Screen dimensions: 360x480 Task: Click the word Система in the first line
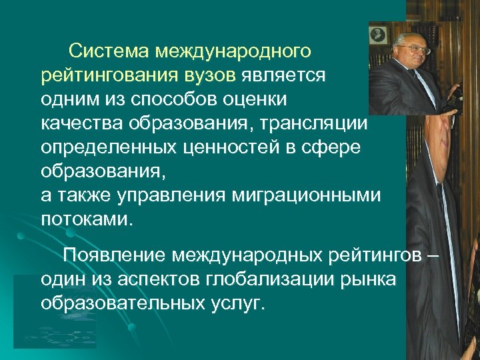coord(109,51)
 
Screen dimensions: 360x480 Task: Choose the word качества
coord(83,123)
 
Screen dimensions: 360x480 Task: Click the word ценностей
coord(235,147)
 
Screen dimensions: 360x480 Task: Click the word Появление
coord(114,255)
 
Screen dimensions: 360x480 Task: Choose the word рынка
coord(371,279)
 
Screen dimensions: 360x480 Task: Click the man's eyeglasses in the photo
coord(415,49)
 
